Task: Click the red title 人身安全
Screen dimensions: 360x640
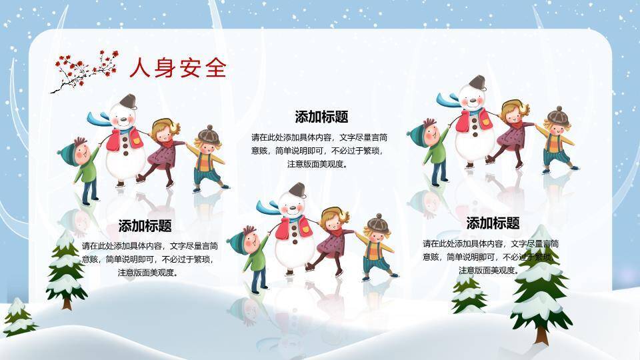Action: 177,68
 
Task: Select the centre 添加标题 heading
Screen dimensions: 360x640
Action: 321,117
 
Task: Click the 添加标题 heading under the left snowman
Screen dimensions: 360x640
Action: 145,226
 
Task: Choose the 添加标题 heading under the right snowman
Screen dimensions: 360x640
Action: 493,223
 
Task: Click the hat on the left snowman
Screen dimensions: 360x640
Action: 127,101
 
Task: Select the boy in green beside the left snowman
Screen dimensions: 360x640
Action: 83,167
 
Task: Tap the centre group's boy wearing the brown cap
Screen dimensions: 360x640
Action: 377,247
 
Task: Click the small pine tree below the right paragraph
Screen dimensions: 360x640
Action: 469,294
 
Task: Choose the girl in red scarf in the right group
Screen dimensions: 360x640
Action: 512,131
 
